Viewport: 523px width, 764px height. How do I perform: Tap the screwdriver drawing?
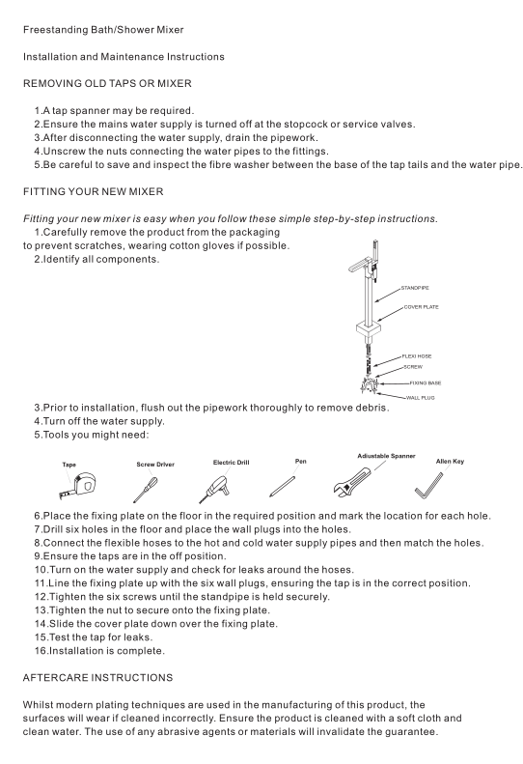(x=145, y=490)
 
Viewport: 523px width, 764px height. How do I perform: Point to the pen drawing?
(x=282, y=487)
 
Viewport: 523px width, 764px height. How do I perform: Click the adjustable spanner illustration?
(x=352, y=481)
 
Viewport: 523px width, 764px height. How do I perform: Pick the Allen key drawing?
(x=428, y=486)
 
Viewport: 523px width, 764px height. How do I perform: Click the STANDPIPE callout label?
(x=415, y=288)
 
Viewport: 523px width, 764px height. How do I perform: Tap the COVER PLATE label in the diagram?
(x=422, y=307)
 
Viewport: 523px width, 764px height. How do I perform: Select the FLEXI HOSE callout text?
(x=417, y=356)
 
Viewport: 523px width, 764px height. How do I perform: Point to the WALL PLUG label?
(x=421, y=398)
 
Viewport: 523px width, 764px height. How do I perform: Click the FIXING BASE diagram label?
(x=426, y=383)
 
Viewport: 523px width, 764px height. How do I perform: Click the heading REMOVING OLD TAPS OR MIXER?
(x=107, y=84)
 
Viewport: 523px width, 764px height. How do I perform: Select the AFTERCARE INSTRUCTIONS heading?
(x=97, y=678)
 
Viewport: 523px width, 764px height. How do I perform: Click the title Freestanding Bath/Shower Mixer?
(x=103, y=30)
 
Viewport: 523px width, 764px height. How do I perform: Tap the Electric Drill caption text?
(x=231, y=463)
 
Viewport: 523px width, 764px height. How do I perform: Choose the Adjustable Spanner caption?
(x=386, y=456)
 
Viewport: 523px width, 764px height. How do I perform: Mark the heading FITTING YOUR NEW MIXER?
(x=93, y=192)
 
